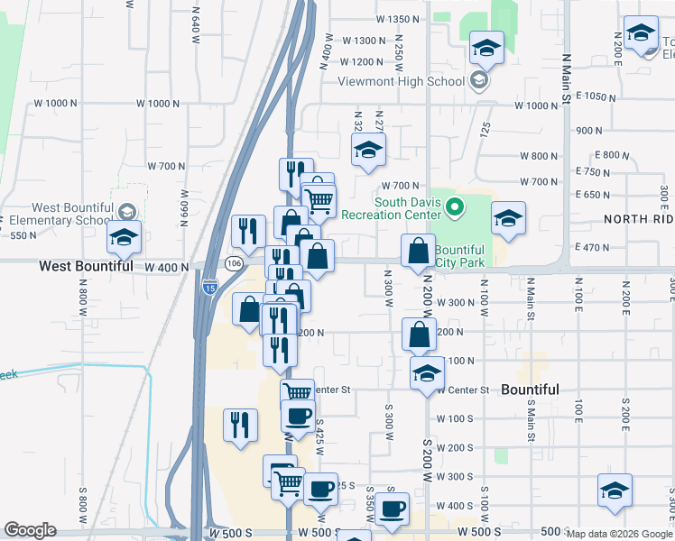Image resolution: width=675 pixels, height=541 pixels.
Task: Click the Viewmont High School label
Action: point(401,81)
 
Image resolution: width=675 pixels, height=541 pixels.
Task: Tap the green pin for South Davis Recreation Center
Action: point(456,208)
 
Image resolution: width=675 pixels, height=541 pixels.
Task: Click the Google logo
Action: point(30,530)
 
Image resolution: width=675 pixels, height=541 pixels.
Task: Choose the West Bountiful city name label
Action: point(88,267)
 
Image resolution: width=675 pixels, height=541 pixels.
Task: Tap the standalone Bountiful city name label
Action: point(530,390)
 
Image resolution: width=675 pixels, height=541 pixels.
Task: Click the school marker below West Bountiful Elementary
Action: point(124,238)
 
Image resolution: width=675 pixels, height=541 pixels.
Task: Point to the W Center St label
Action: point(462,390)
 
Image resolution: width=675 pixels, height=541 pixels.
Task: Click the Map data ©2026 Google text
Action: point(618,534)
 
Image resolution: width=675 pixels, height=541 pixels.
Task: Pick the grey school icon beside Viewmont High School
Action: point(478,81)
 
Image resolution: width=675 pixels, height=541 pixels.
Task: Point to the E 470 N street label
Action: point(591,247)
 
